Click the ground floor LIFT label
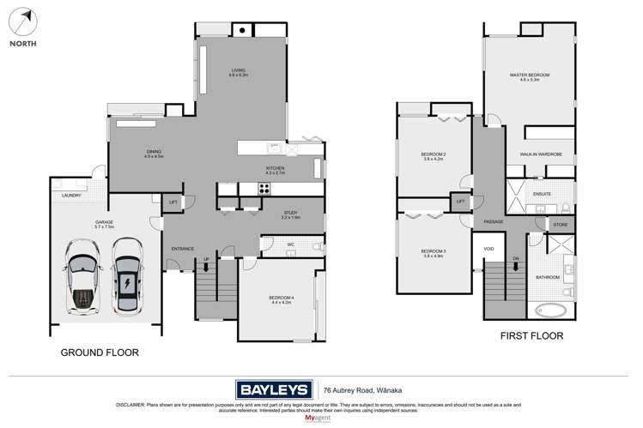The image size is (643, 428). point(173,203)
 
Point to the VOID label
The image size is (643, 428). point(489,250)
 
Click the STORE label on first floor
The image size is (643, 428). point(560,225)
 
